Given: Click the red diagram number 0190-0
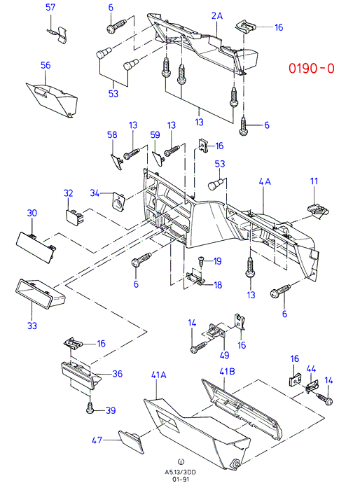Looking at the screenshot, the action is [312, 68].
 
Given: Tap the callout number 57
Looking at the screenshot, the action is [50, 7].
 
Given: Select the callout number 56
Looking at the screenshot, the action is [46, 65].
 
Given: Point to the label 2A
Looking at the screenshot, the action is [217, 15].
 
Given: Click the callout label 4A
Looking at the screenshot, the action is [265, 181].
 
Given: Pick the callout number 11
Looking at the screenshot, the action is [314, 181].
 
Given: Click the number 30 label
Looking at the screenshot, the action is [32, 213].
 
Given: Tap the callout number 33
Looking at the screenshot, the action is [32, 326].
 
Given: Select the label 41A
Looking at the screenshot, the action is [158, 375].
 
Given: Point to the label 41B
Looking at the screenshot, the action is [227, 371].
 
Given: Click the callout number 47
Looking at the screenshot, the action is [97, 440].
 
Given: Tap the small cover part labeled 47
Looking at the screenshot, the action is [131, 441].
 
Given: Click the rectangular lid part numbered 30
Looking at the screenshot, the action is [36, 247].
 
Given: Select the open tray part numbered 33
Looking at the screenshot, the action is [40, 294].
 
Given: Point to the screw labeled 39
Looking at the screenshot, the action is [90, 407].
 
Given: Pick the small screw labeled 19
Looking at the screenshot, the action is [202, 260].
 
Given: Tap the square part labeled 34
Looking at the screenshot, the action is [118, 201].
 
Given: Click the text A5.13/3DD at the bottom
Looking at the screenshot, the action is [181, 473].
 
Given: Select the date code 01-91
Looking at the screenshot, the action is [181, 480].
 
